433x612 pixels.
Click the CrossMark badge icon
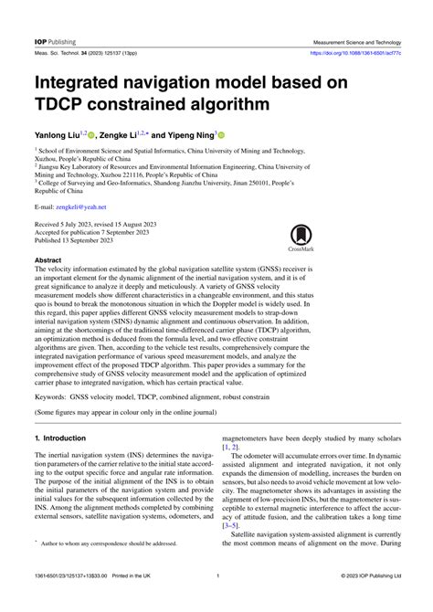coord(301,238)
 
